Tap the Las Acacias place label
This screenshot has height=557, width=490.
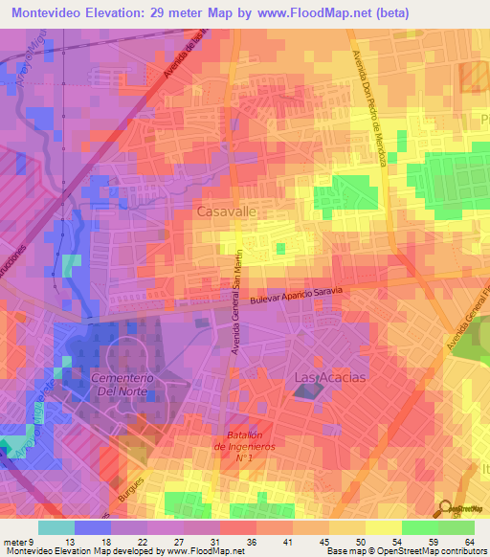tap(329, 377)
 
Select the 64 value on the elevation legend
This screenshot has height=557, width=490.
tap(469, 543)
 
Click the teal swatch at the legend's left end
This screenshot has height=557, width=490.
tap(56, 527)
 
